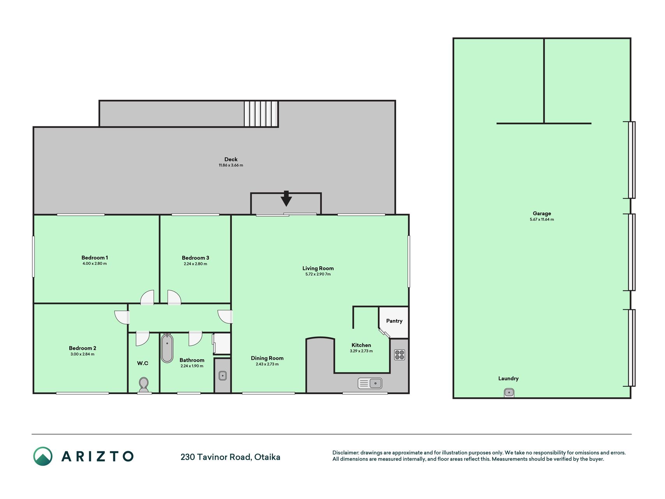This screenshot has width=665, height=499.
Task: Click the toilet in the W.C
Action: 144,385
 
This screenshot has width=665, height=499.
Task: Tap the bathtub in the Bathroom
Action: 167,348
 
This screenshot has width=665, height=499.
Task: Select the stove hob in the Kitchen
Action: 399,355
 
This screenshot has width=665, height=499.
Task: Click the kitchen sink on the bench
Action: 370,383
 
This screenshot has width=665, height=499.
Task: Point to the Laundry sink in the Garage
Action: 509,393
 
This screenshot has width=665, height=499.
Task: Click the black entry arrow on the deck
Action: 286,198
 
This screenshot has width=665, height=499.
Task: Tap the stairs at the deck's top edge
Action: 261,114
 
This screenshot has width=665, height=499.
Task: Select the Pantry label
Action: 394,321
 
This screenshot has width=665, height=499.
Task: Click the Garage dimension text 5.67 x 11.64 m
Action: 542,219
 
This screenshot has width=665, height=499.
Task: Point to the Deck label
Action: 231,159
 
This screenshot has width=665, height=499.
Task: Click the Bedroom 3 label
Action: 196,258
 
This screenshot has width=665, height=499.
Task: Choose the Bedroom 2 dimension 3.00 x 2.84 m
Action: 83,354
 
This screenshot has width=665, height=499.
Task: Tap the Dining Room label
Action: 267,358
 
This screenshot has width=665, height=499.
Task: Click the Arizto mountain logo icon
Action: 43,456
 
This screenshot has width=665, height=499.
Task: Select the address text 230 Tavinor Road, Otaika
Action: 230,457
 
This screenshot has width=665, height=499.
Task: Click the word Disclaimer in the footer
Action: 345,453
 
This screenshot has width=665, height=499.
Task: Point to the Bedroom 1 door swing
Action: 147,297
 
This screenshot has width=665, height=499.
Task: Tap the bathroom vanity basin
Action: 222,376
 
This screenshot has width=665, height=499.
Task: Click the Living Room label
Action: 318,268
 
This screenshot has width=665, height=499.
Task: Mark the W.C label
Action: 143,363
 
